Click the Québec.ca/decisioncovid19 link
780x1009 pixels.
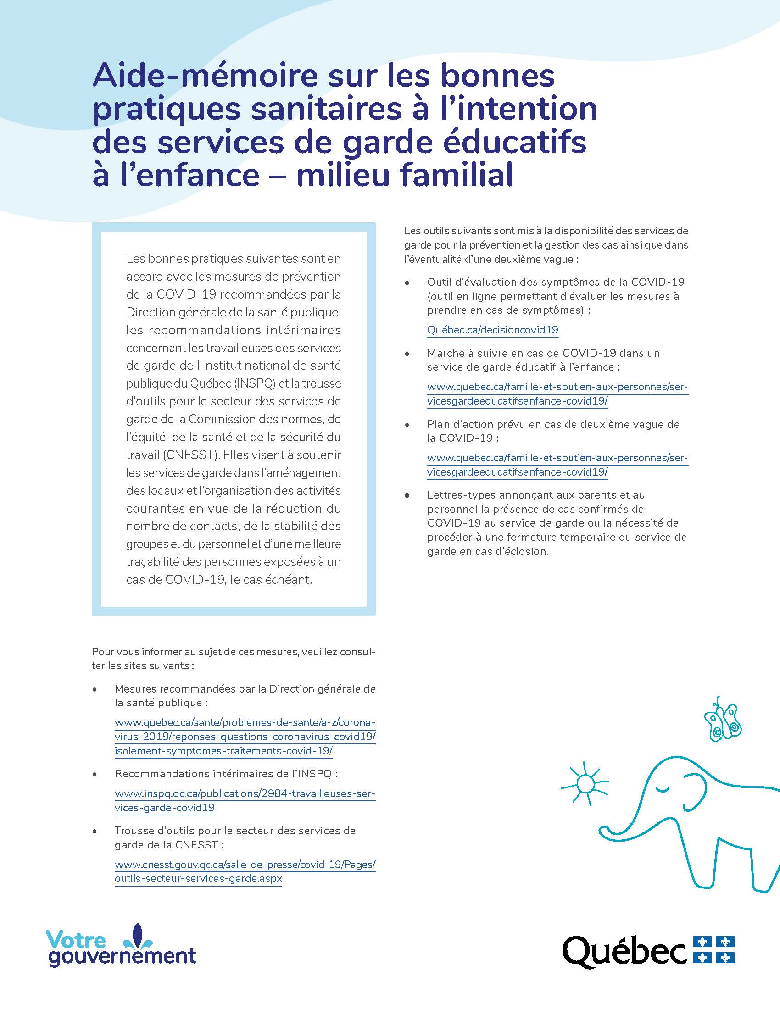[493, 330]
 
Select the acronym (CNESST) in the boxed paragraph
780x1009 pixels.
[190, 455]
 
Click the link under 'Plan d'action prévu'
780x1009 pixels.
[557, 465]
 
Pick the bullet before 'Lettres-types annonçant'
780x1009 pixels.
[407, 496]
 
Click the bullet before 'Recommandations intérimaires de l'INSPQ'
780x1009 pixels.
[95, 774]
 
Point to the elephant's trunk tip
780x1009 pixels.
[603, 832]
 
